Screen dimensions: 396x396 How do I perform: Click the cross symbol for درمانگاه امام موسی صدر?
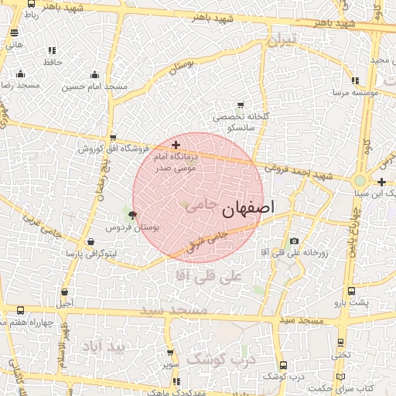[x=176, y=145]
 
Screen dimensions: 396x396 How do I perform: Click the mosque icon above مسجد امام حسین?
[x=94, y=75]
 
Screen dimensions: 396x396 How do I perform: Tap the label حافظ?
[x=53, y=61]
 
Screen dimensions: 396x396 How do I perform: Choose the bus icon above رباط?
[x=30, y=3]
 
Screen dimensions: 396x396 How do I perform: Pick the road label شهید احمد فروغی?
[x=298, y=171]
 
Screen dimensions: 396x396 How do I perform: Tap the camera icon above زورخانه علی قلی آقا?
[x=293, y=241]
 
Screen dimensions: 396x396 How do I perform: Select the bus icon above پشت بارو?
[x=352, y=292]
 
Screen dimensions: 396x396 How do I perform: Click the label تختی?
[x=341, y=355]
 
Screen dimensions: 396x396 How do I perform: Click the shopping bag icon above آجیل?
[x=64, y=292]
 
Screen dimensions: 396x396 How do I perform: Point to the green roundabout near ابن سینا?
[x=360, y=181]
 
